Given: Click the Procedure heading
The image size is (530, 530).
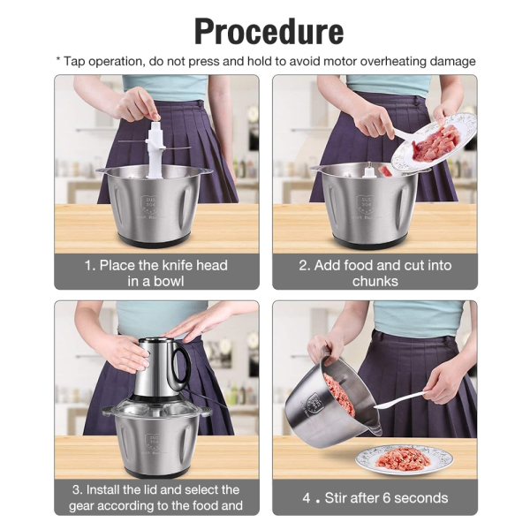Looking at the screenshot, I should point(269,31).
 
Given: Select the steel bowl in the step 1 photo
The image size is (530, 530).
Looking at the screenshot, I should point(155,203).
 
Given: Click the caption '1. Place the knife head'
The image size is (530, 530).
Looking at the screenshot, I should point(156,265).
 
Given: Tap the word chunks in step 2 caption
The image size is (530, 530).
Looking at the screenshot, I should point(375,281).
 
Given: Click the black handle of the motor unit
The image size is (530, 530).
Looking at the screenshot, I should point(180,362).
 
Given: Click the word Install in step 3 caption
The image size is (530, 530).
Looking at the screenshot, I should point(116,489).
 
